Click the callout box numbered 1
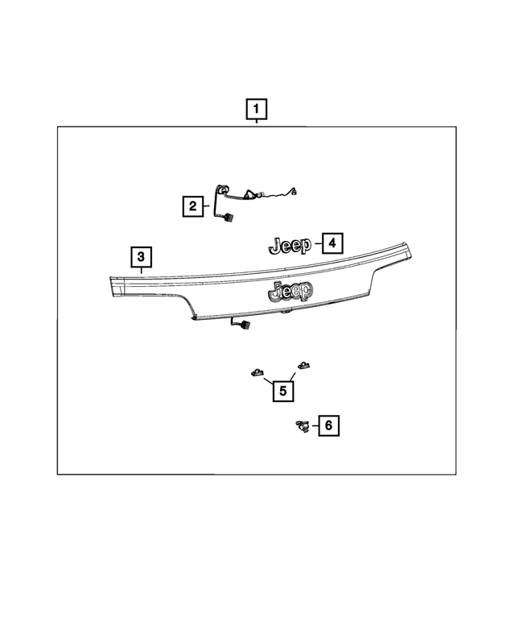[x=257, y=109]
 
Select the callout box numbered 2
[x=192, y=207]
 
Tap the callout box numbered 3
[x=142, y=257]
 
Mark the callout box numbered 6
[x=328, y=425]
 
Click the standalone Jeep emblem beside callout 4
[x=290, y=245]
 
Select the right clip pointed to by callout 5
[x=303, y=365]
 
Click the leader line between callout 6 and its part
[x=314, y=425]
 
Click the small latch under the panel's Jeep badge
[x=286, y=310]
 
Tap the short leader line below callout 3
[x=142, y=272]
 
